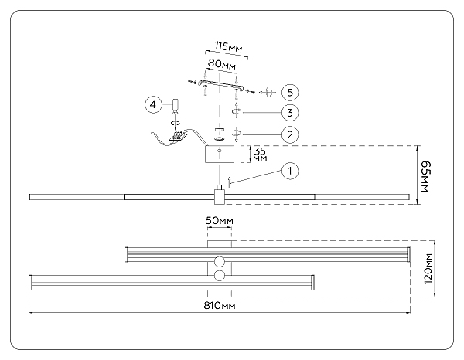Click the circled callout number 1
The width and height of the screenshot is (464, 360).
click(288, 170)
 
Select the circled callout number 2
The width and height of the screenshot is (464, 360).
click(288, 134)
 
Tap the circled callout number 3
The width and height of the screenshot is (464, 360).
click(288, 113)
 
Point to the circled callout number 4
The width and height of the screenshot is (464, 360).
click(153, 103)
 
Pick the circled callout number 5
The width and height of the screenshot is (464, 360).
click(288, 92)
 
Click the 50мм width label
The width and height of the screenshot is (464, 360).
click(219, 222)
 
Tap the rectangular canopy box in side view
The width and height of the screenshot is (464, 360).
click(220, 155)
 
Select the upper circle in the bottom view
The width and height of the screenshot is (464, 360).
click(220, 260)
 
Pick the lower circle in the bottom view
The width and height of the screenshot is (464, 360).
click(220, 276)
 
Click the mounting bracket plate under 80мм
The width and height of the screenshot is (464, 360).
click(220, 84)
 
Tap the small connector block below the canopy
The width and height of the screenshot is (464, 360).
click(220, 193)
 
